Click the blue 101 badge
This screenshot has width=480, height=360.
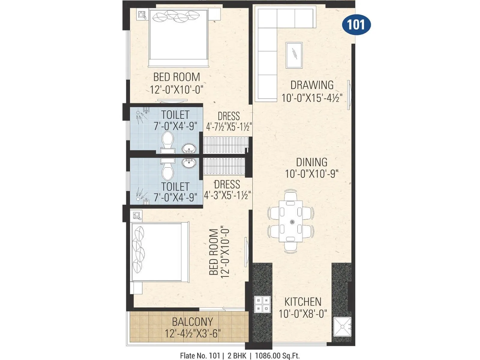pyautogui.click(x=356, y=25)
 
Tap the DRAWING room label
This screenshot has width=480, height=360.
pyautogui.click(x=312, y=85)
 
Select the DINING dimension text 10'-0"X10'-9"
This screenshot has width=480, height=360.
pyautogui.click(x=312, y=174)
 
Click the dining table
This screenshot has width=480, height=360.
pyautogui.click(x=290, y=221)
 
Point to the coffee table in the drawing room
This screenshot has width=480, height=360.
pyautogui.click(x=294, y=55)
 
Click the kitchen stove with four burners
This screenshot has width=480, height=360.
pyautogui.click(x=262, y=304)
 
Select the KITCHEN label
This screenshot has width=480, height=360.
pyautogui.click(x=303, y=302)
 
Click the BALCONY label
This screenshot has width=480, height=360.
pyautogui.click(x=192, y=322)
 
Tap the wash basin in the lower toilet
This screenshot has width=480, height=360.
pyautogui.click(x=189, y=163)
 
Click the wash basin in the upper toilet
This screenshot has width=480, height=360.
pyautogui.click(x=189, y=148)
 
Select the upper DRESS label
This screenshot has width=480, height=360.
pyautogui.click(x=229, y=116)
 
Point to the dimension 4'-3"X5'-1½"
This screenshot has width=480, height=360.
pyautogui.click(x=227, y=196)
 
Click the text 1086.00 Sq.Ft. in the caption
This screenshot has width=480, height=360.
pyautogui.click(x=277, y=356)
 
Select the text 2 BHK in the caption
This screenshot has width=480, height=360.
pyautogui.click(x=237, y=356)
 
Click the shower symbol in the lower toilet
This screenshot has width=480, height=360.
pyautogui.click(x=139, y=195)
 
